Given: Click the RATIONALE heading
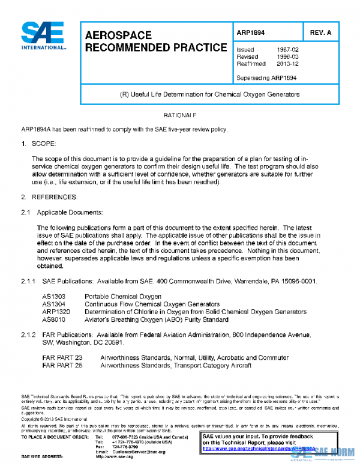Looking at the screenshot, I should click(x=180, y=114).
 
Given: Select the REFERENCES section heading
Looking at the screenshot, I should click(x=54, y=197).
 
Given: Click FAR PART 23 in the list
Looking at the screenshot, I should click(x=62, y=358).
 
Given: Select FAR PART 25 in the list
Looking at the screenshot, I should click(x=62, y=365).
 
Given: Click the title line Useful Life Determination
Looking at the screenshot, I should click(x=210, y=94).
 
